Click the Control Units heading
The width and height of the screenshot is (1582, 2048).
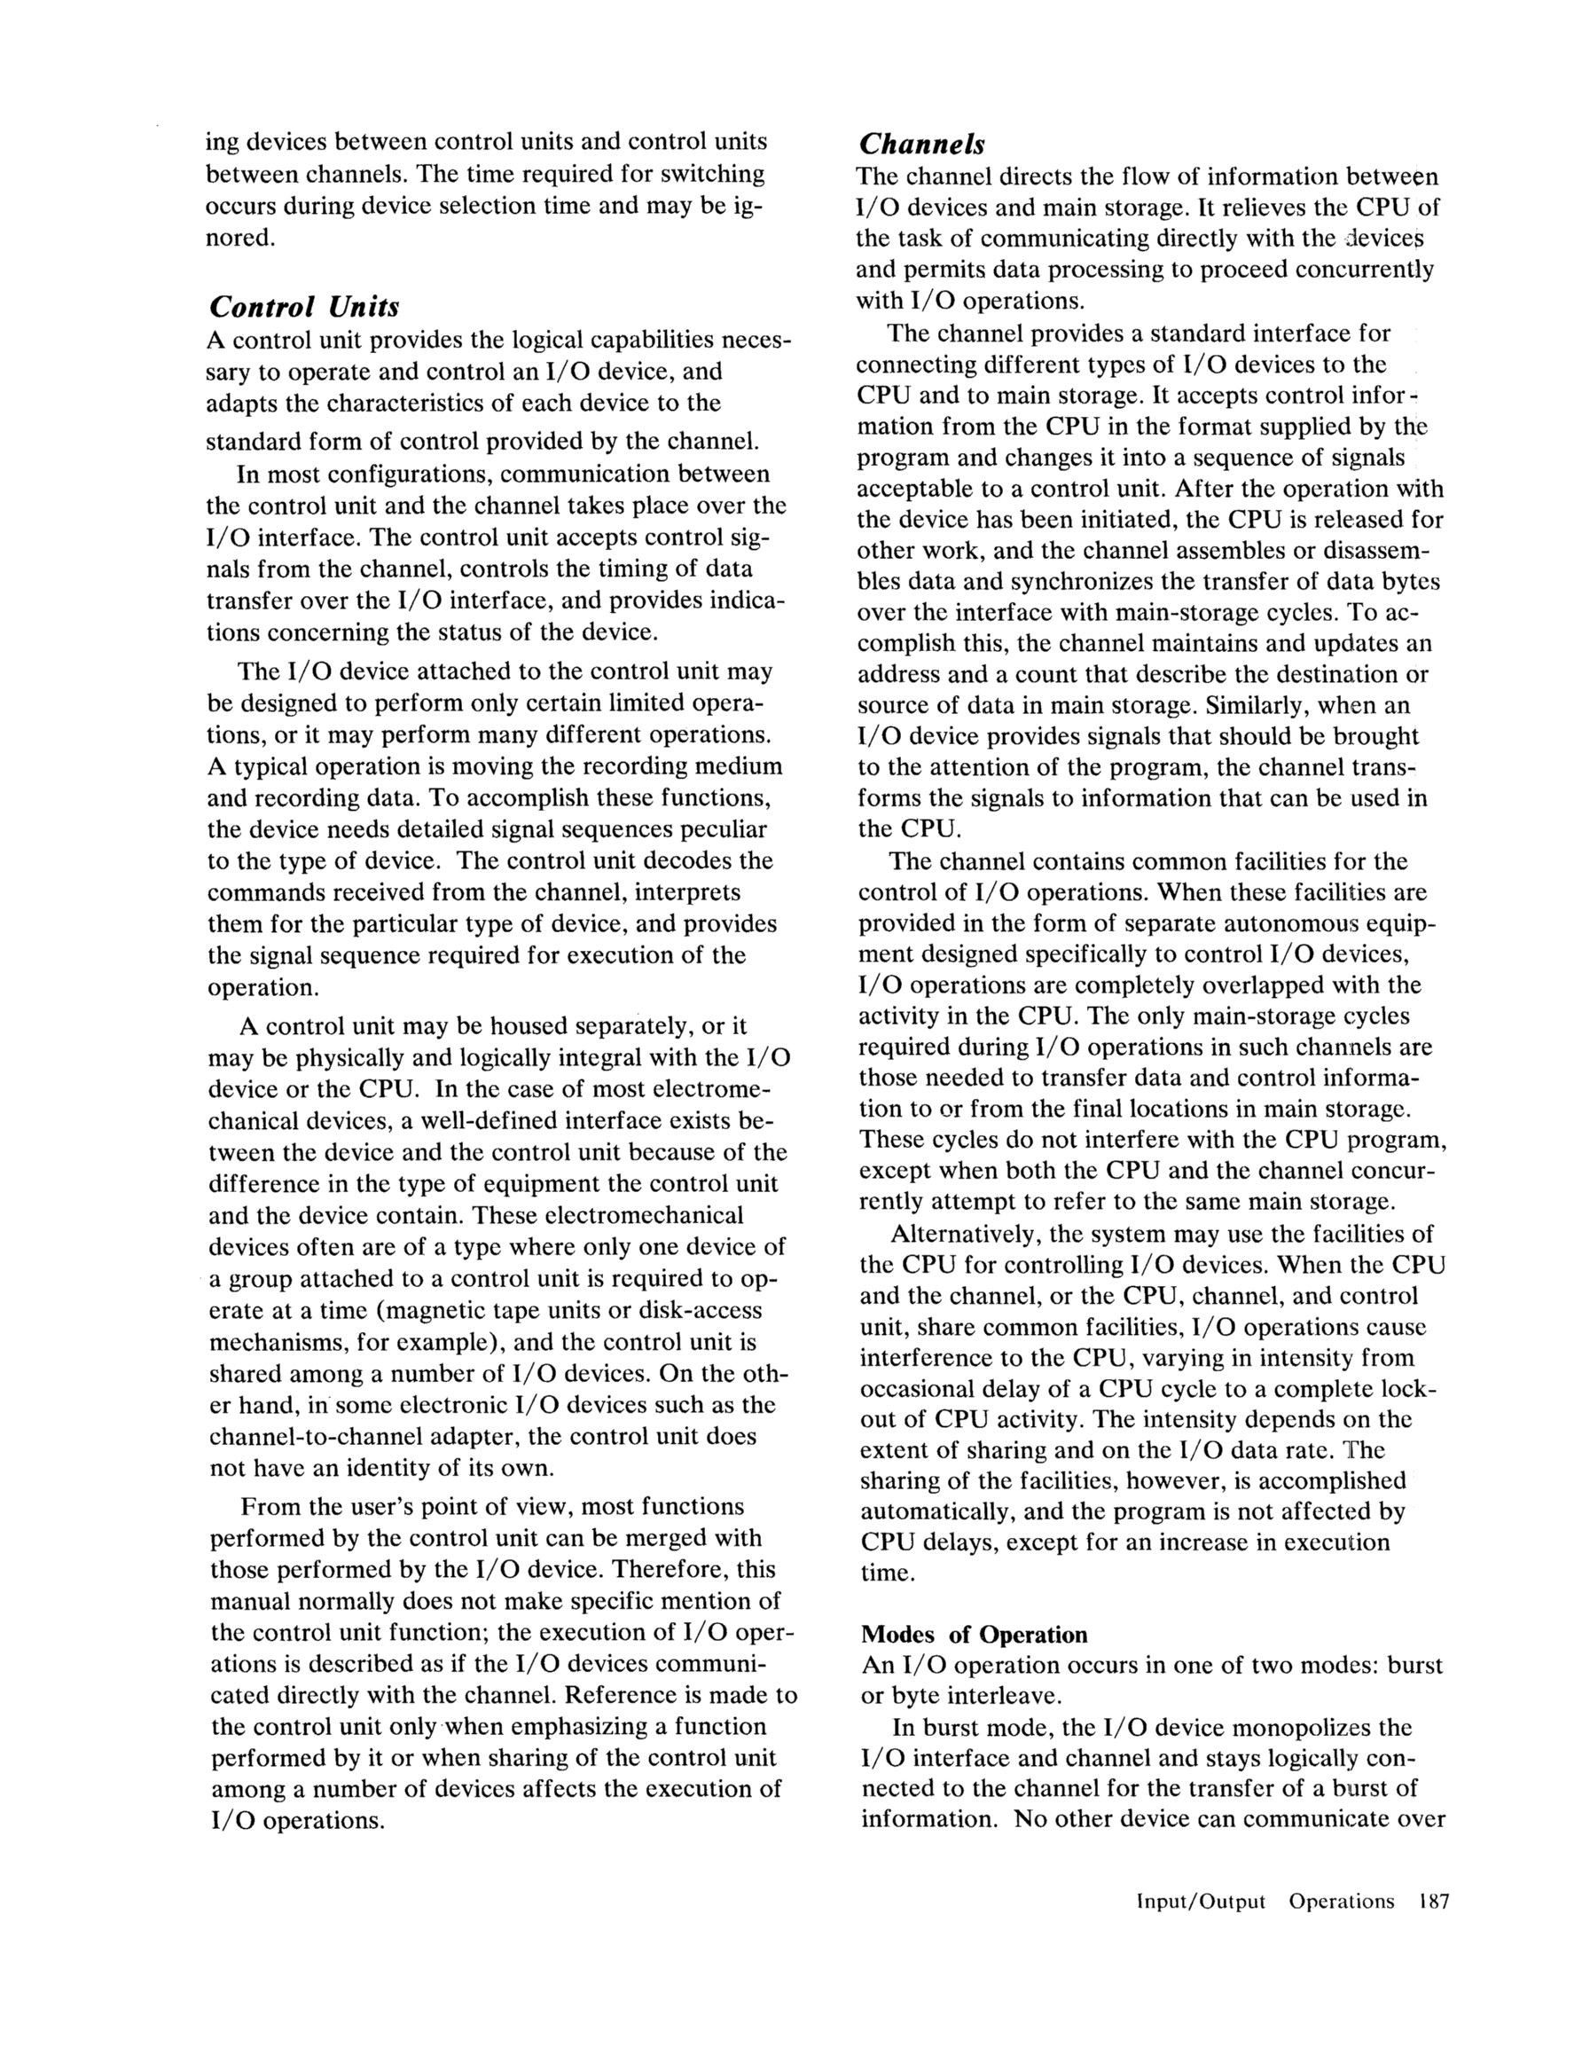pos(304,307)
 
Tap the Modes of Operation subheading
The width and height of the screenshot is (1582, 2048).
pos(975,1635)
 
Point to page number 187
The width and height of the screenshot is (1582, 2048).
pos(1434,1902)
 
